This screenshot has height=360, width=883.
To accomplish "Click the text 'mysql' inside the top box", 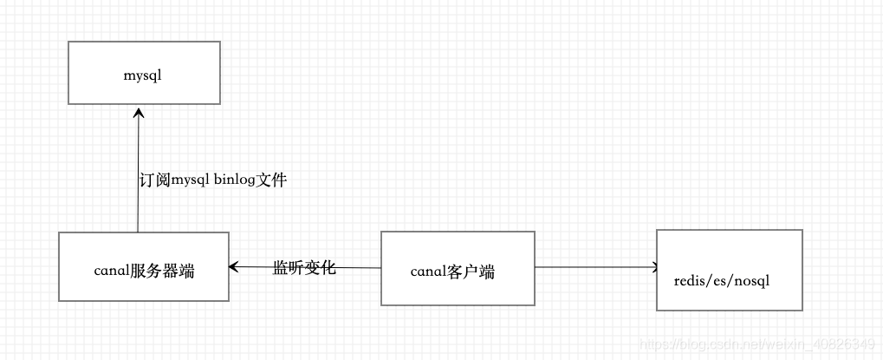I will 143,75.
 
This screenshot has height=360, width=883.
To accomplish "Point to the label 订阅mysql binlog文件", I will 212,181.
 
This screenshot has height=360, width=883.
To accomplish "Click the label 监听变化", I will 303,267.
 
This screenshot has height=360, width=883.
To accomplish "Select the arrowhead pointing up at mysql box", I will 139,112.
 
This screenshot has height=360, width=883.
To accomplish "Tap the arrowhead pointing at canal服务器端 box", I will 234,267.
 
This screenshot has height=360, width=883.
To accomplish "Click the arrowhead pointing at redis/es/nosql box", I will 656,267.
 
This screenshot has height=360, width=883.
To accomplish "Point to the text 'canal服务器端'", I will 144,271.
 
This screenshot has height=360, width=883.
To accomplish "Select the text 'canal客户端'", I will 452,272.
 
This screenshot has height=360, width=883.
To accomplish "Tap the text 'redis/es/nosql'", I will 722,281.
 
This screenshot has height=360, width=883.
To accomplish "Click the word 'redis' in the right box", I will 690,281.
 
